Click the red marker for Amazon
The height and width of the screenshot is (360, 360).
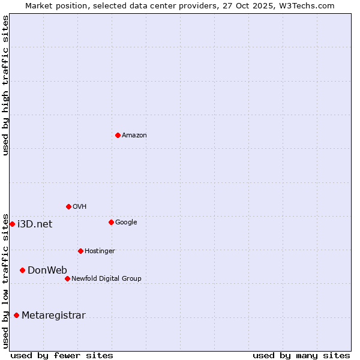[x=118, y=135]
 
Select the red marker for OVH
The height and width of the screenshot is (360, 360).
[x=68, y=206]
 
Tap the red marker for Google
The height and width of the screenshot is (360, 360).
[x=111, y=222]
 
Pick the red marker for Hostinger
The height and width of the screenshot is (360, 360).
[x=80, y=251]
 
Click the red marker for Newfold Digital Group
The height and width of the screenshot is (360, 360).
[x=67, y=278]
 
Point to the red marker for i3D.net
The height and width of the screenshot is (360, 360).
[x=12, y=224]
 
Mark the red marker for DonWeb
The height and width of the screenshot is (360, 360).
[x=22, y=270]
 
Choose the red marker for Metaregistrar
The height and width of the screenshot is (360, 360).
[x=16, y=315]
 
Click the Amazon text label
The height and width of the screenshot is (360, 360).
[x=134, y=136]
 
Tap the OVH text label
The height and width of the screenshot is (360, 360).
[x=80, y=207]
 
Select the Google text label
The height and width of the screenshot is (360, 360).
[x=126, y=223]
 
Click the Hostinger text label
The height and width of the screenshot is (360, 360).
[x=100, y=251]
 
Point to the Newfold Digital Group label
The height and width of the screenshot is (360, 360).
[x=106, y=278]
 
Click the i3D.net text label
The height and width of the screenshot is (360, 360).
[x=35, y=224]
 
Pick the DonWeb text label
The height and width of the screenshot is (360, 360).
[x=47, y=270]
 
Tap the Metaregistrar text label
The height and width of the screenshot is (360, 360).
[x=53, y=316]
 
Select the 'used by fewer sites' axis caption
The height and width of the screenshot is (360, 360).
[x=62, y=355]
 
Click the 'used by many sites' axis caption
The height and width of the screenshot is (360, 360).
[x=301, y=355]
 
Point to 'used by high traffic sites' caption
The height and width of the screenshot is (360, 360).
[x=5, y=85]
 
